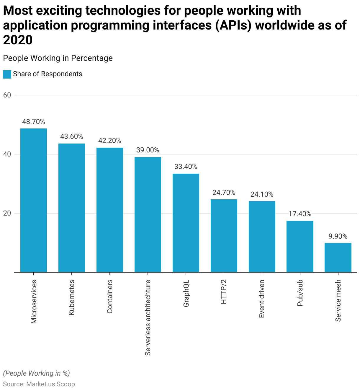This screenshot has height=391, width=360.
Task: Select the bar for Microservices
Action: [34, 200]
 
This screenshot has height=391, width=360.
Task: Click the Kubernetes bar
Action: [72, 208]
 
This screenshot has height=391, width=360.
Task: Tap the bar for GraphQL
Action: [186, 223]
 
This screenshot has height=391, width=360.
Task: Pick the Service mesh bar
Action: [338, 258]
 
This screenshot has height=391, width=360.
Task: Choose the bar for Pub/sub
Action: [300, 246]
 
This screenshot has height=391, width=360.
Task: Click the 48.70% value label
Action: [34, 122]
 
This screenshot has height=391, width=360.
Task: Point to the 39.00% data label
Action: [148, 150]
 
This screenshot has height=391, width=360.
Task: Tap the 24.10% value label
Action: [262, 194]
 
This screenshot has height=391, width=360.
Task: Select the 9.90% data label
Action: [338, 236]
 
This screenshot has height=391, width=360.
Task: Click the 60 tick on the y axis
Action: [7, 95]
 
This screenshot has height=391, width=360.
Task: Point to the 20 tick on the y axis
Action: [7, 213]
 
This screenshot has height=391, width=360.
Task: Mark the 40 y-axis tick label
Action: [7, 154]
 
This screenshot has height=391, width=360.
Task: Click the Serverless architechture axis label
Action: [148, 317]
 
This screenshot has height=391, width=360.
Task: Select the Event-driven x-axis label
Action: [262, 299]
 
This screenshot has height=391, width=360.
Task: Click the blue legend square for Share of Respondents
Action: [7, 74]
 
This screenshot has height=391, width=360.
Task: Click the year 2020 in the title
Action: [18, 40]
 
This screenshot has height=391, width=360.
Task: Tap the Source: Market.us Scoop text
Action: [39, 384]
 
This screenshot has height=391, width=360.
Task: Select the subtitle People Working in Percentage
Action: [58, 58]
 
